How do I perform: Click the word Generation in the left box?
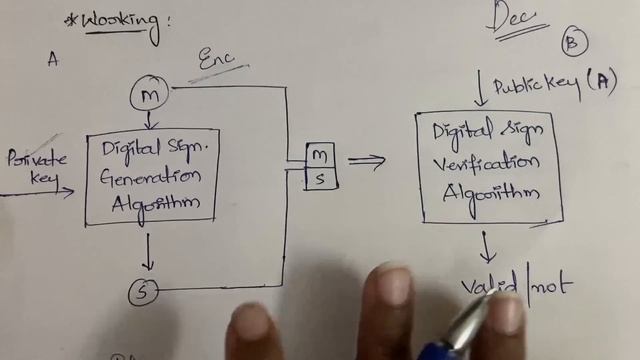pyautogui.click(x=151, y=176)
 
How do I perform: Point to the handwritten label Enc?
pyautogui.click(x=217, y=61)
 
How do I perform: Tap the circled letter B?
pyautogui.click(x=574, y=42)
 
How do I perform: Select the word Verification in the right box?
pyautogui.click(x=487, y=163)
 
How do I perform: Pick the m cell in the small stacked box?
pyautogui.click(x=320, y=155)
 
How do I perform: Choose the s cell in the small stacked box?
pyautogui.click(x=320, y=178)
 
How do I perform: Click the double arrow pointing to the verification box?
pyautogui.click(x=366, y=161)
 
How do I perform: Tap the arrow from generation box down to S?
pyautogui.click(x=148, y=251)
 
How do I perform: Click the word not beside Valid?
pyautogui.click(x=553, y=285)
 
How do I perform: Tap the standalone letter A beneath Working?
pyautogui.click(x=53, y=59)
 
